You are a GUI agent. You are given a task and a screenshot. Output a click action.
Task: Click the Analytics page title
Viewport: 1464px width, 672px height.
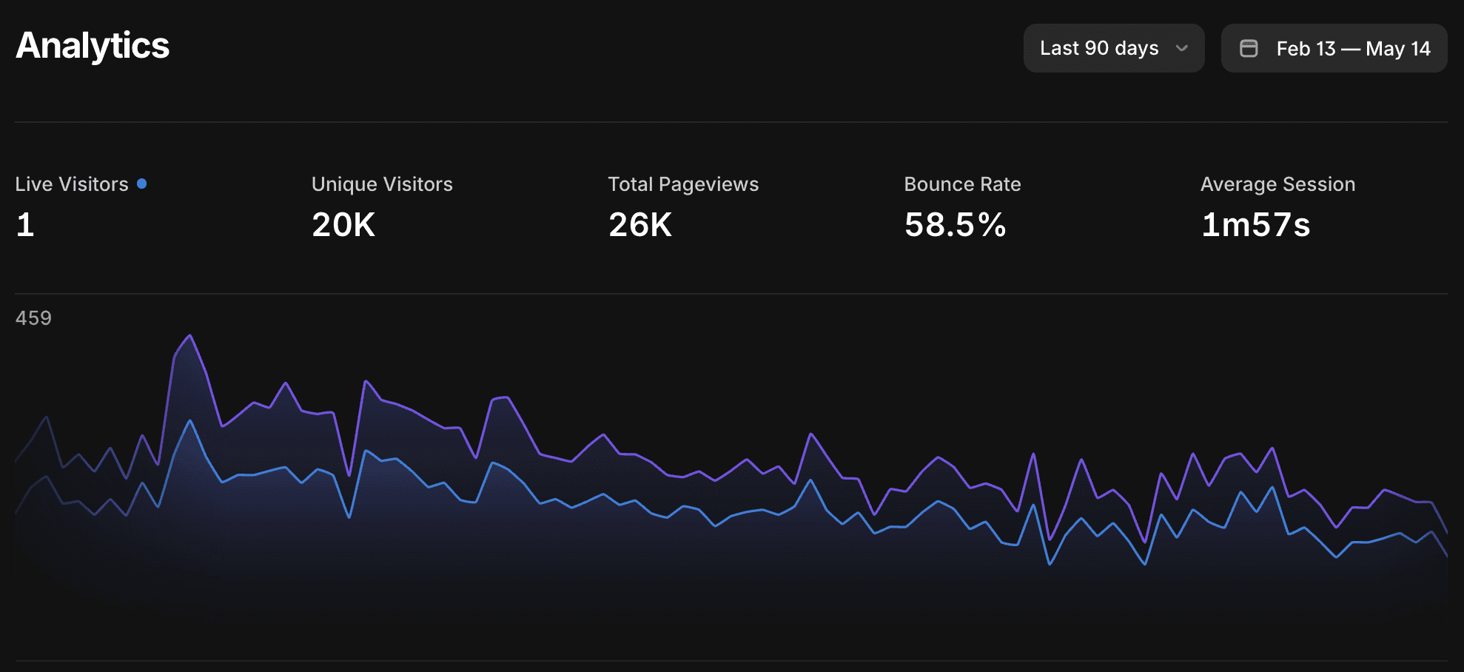[93, 46]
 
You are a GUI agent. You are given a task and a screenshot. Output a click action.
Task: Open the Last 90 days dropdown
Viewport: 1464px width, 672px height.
[1114, 48]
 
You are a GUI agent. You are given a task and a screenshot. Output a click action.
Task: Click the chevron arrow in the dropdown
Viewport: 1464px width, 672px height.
[1182, 48]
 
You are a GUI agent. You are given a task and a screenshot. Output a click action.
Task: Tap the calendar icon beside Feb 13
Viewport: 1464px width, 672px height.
[1249, 48]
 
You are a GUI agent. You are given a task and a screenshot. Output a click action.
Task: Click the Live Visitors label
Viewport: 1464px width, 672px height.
[72, 184]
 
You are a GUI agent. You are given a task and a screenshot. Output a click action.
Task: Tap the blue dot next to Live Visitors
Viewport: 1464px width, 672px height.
[142, 184]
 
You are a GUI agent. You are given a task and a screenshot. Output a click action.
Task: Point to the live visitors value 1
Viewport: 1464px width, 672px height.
[25, 225]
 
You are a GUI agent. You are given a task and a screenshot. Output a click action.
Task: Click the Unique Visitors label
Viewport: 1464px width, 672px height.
[382, 184]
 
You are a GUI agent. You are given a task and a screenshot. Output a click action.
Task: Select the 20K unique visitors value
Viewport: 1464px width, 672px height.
[343, 225]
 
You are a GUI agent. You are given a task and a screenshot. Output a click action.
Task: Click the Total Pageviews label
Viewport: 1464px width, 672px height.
[683, 184]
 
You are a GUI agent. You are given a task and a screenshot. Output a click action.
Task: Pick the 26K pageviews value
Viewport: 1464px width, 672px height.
[640, 225]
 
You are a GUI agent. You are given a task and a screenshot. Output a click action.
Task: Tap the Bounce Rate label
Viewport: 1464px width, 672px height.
[962, 184]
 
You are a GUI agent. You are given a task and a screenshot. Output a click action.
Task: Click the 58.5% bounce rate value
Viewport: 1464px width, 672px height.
[956, 225]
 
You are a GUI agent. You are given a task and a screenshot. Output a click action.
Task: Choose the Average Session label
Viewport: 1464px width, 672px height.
[1277, 184]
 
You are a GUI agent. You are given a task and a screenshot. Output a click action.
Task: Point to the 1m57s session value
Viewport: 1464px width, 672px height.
[1255, 225]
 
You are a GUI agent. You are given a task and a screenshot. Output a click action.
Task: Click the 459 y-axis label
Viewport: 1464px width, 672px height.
[33, 318]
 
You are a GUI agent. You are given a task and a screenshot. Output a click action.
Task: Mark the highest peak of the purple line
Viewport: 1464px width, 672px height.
[190, 335]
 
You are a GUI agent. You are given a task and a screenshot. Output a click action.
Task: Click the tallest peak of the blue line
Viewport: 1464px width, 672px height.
[190, 421]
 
